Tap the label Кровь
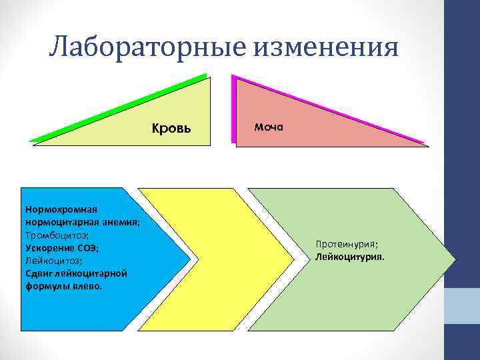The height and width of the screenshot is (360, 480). pyautogui.click(x=171, y=128)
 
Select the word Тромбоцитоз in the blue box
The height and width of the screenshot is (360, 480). pyautogui.click(x=55, y=235)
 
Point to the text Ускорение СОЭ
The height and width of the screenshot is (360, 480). pyautogui.click(x=62, y=248)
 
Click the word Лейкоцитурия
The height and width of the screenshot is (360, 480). pyautogui.click(x=351, y=256)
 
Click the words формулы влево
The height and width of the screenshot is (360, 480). pyautogui.click(x=63, y=286)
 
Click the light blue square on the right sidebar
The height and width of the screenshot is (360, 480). pyautogui.click(x=462, y=306)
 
